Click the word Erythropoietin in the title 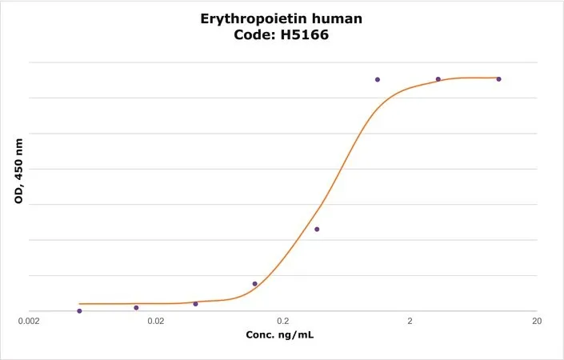click(256, 19)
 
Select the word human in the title click(339, 18)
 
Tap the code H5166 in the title click(305, 35)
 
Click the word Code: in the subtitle click(255, 35)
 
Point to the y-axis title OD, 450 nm click(18, 171)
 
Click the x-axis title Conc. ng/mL click(280, 335)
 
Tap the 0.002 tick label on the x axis click(29, 321)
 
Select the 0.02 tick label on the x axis click(156, 321)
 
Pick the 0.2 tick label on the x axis click(283, 321)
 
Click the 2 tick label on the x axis click(410, 321)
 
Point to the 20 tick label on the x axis click(537, 321)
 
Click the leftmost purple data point click(79, 311)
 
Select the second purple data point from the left click(136, 308)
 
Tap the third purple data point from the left click(196, 304)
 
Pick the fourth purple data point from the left click(255, 284)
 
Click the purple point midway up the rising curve click(317, 229)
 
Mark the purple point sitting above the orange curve click(378, 79)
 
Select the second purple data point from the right click(438, 79)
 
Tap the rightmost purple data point click(498, 79)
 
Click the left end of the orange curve click(79, 304)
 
